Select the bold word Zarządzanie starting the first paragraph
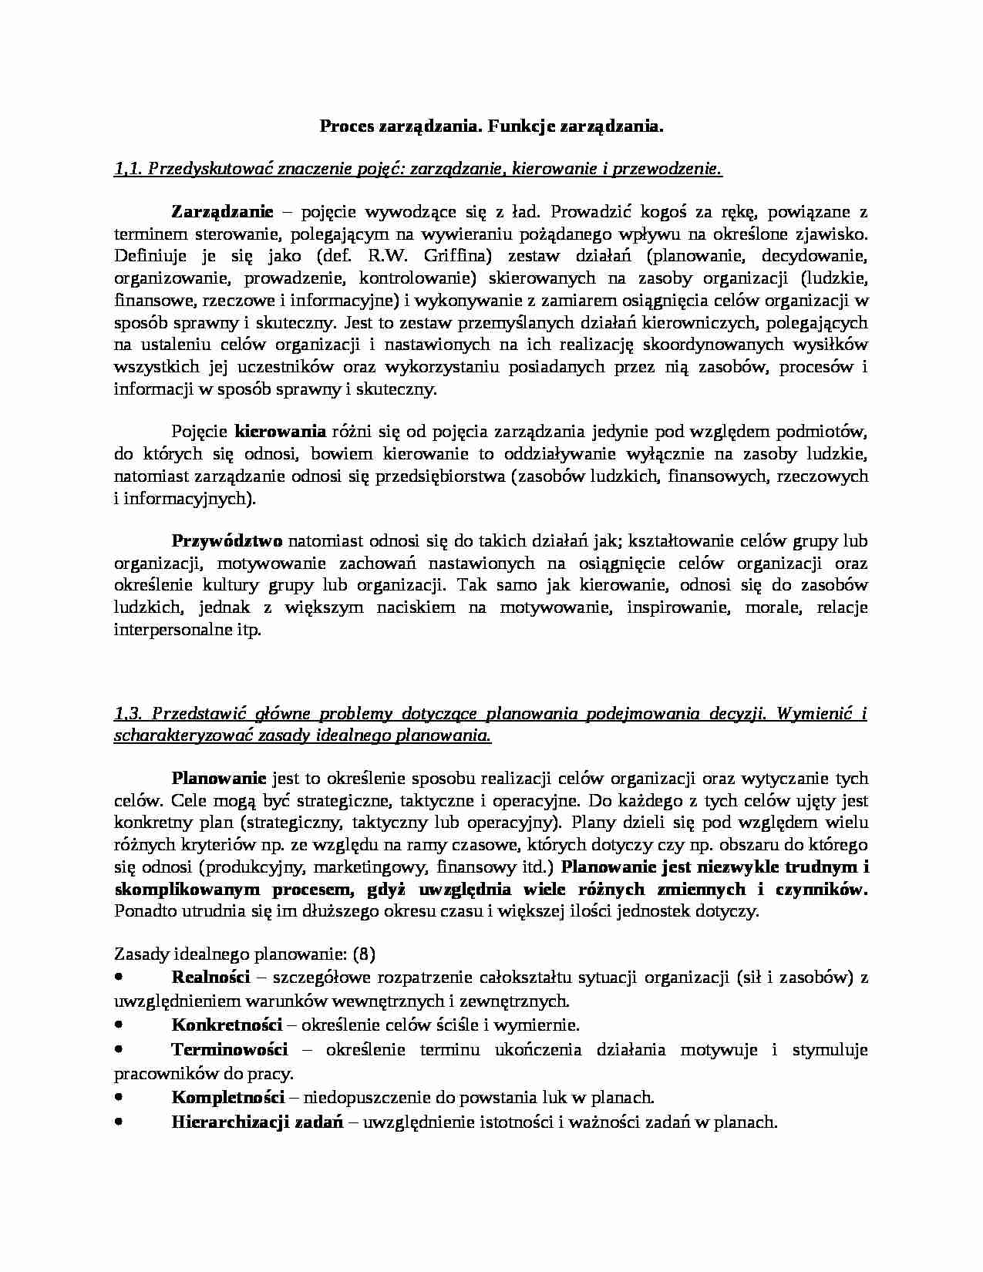click(221, 211)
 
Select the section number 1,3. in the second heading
click(128, 714)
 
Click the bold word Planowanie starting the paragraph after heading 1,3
click(219, 778)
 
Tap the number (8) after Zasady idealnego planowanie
click(363, 954)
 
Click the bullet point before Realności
click(119, 977)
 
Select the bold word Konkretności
click(227, 1025)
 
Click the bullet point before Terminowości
click(119, 1048)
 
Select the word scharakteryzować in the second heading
click(177, 735)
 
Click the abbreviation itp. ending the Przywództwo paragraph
click(249, 630)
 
